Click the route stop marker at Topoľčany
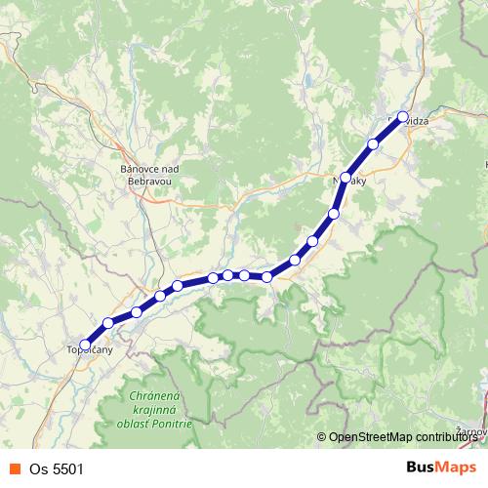(86, 345)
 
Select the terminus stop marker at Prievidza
(402, 117)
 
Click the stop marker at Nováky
(346, 178)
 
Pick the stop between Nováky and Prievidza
(373, 144)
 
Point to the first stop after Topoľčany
(108, 323)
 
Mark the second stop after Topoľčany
(137, 312)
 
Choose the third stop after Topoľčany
(160, 296)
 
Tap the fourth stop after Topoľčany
(178, 286)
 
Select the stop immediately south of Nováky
(334, 213)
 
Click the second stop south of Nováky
(313, 241)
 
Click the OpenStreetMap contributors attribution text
(406, 437)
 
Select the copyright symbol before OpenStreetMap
(322, 437)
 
